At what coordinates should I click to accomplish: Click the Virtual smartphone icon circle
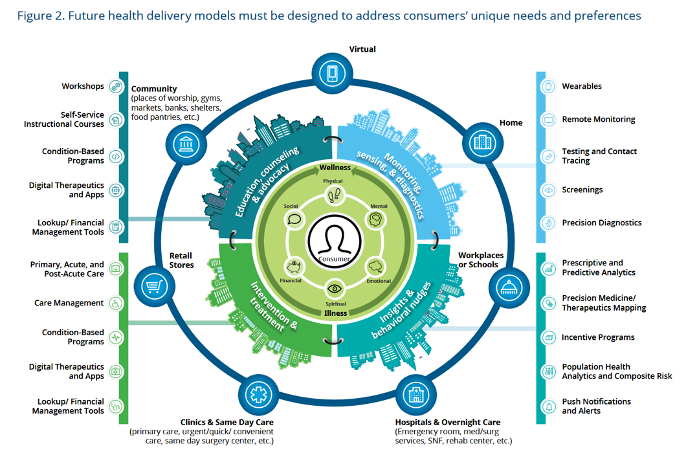333,73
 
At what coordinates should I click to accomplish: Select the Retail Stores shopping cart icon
154,285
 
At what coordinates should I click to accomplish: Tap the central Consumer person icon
335,239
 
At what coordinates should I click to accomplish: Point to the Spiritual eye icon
335,289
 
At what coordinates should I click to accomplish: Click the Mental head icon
375,220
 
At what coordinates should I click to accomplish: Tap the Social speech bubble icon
294,219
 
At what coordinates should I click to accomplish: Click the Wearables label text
581,86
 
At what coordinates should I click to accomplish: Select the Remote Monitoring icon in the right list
549,120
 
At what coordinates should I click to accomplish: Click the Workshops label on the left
83,86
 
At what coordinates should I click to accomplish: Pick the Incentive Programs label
597,337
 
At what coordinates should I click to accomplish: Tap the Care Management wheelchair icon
116,303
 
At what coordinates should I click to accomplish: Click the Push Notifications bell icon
549,406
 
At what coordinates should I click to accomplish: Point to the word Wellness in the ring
335,168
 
